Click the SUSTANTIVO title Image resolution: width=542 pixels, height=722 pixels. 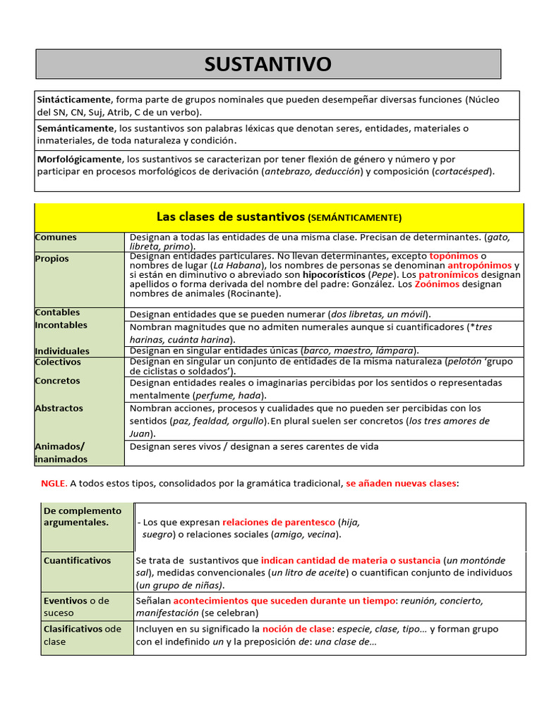coord(267,64)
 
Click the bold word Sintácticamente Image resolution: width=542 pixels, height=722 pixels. coord(74,99)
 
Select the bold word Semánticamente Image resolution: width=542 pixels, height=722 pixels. coord(75,128)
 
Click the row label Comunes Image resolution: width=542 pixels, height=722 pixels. coord(56,238)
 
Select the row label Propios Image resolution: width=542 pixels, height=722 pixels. coord(52,259)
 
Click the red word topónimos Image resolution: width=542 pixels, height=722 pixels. coord(453,255)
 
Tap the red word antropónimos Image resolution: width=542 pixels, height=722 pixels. coord(480,265)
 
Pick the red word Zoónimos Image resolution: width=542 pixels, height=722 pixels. coord(437,284)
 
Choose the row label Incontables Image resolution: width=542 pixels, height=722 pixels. coord(61,325)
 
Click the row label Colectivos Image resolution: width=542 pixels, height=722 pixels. coord(58,362)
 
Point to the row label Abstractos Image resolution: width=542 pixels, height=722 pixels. coord(59,408)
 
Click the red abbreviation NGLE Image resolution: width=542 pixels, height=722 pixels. coord(54,484)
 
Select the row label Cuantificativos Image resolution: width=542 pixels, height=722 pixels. coord(77,561)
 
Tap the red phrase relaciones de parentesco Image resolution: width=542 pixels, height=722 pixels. coord(279,522)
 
